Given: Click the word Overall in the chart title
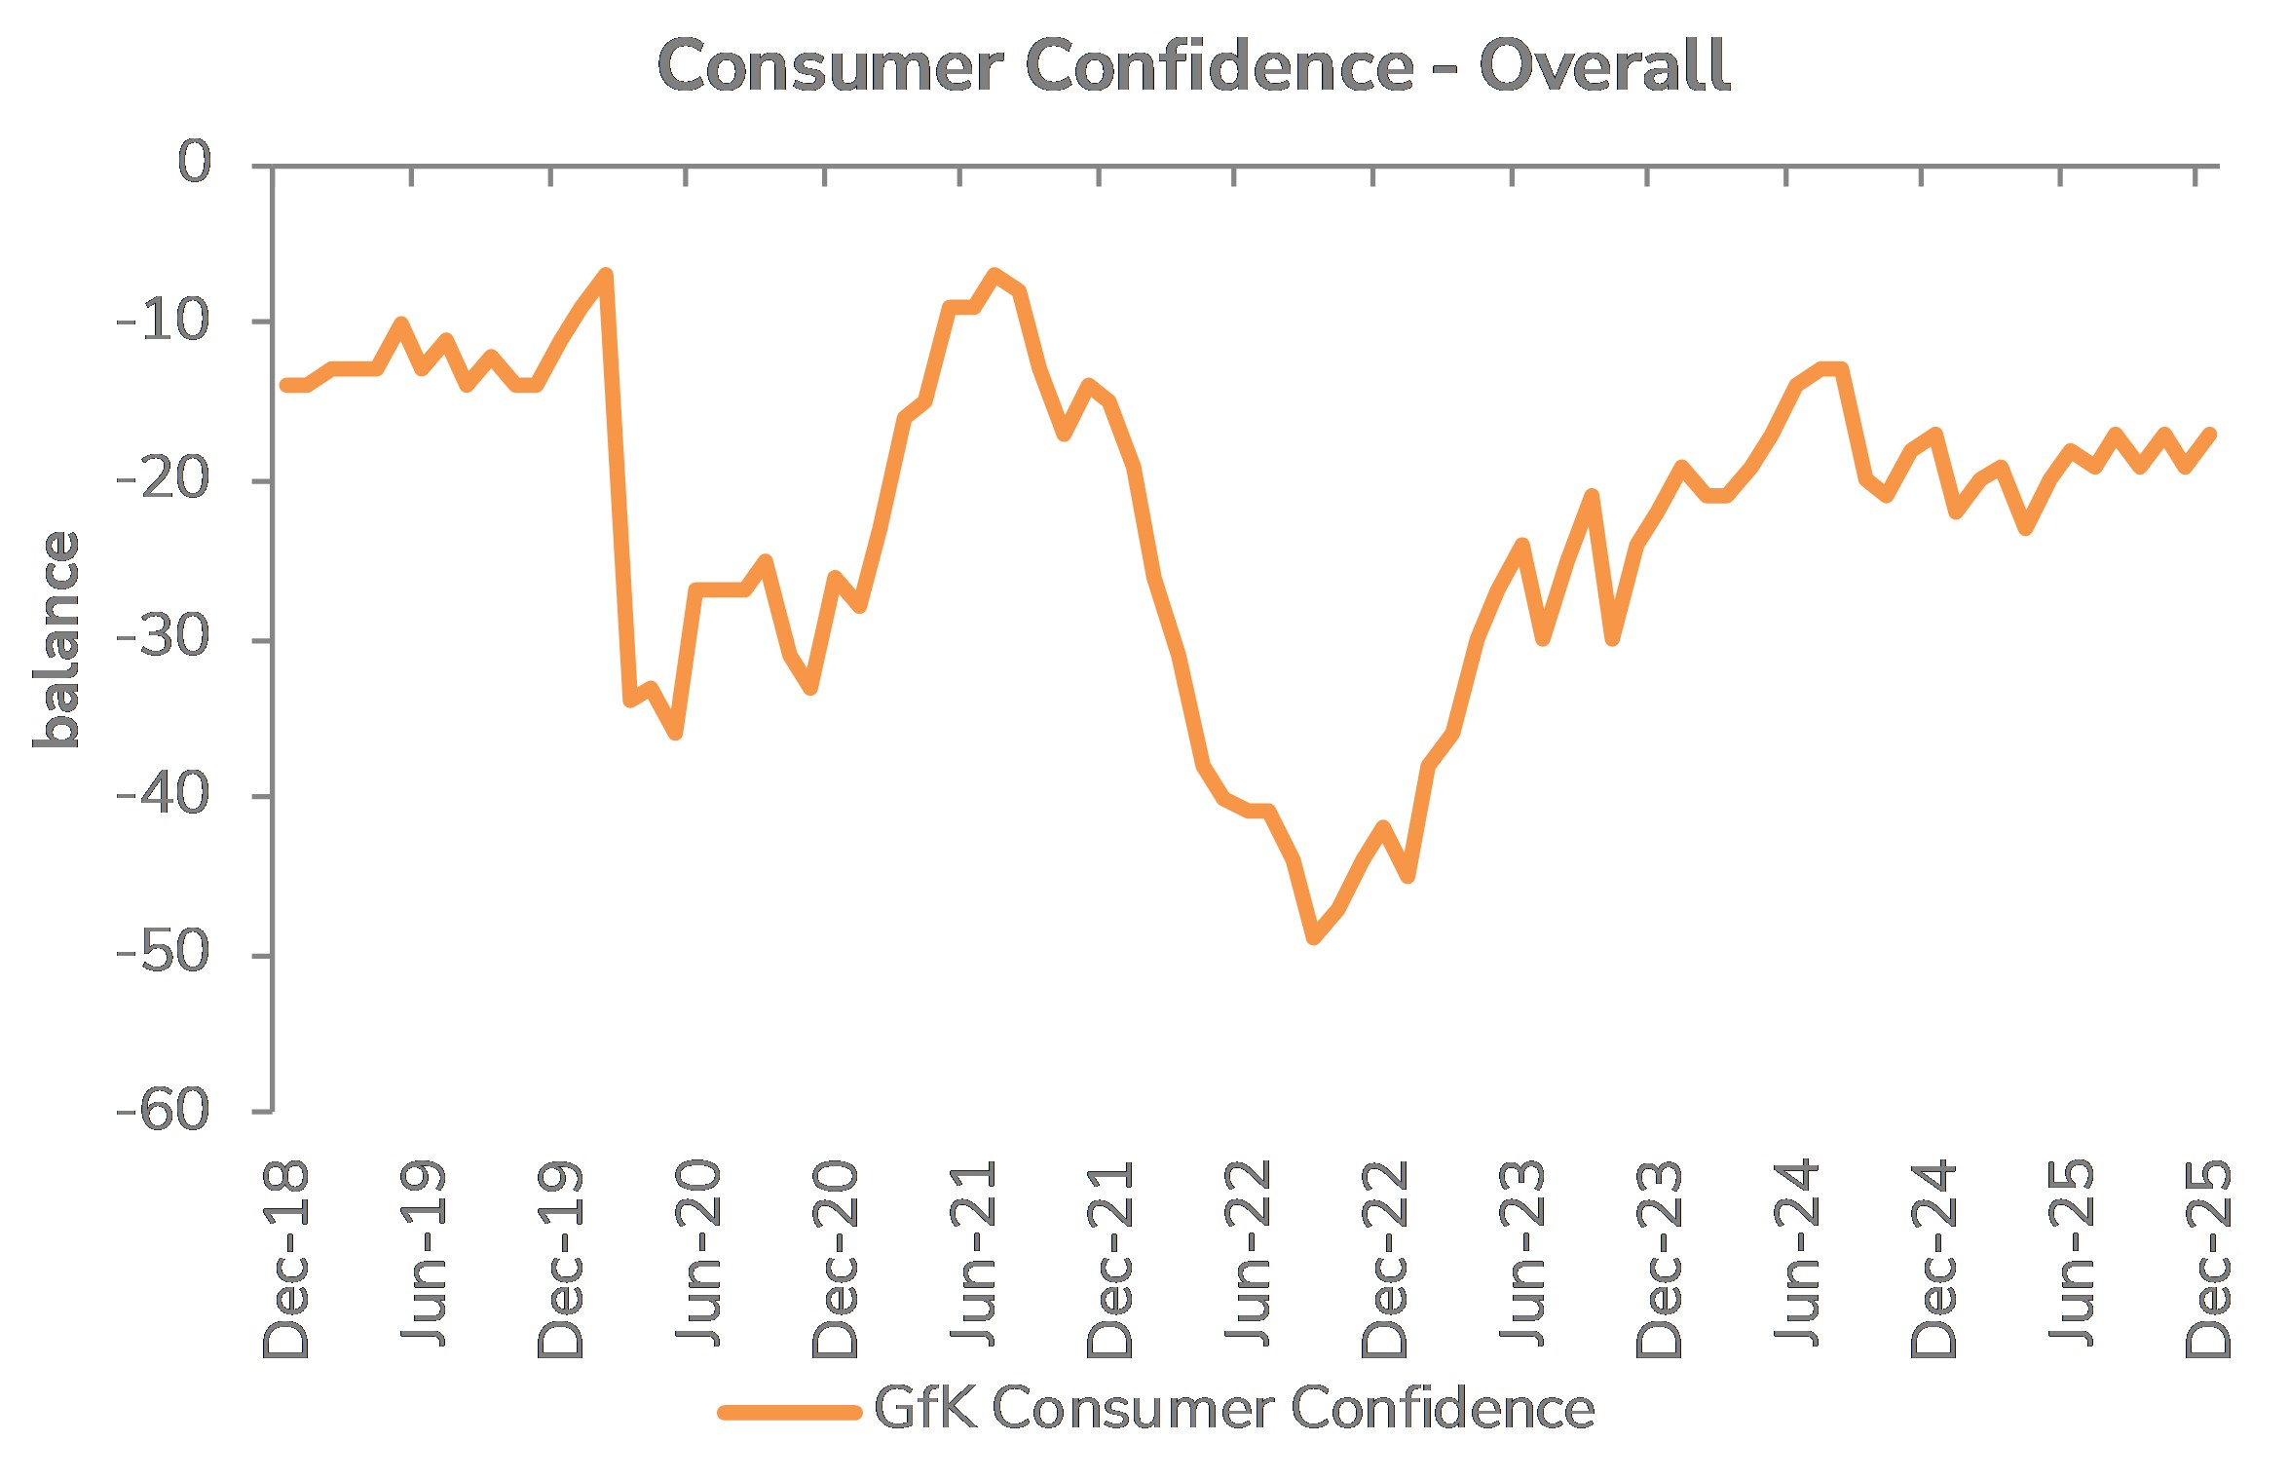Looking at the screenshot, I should click(1603, 66).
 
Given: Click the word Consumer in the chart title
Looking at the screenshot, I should click(830, 66).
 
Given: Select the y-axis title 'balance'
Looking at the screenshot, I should click(56, 639).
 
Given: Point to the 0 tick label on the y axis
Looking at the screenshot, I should click(194, 161).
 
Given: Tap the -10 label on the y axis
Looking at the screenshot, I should click(164, 321).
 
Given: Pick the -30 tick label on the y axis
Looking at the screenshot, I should click(164, 638).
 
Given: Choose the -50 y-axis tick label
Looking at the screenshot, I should click(164, 953).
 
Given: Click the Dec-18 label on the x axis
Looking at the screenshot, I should click(285, 1259).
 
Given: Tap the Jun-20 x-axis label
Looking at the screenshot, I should click(697, 1253).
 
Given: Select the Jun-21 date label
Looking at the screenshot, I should click(973, 1253).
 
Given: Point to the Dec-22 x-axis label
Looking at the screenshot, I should click(1385, 1259).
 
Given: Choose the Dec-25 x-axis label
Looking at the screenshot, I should click(2208, 1259).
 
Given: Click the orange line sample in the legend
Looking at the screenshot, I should click(789, 1412).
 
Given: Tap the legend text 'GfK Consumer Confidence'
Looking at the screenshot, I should click(1234, 1409).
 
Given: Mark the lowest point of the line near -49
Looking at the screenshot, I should click(1313, 937).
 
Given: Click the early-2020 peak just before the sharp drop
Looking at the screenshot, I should click(606, 275).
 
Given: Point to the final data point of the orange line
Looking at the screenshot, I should click(2210, 435).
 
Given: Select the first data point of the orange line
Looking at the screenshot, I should click(286, 385).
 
